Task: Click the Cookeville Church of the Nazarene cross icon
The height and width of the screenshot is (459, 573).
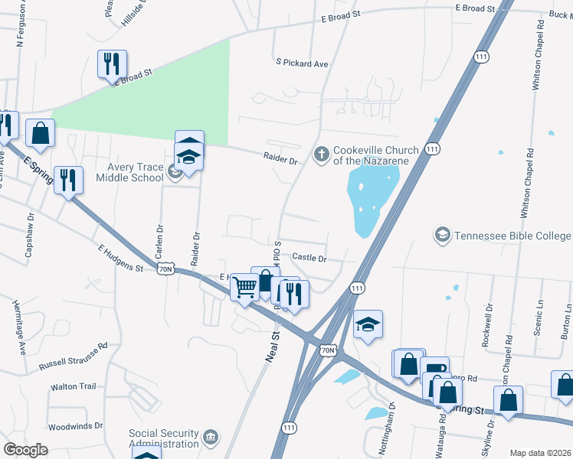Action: [321, 155]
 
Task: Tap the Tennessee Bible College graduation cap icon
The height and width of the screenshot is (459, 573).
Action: [442, 236]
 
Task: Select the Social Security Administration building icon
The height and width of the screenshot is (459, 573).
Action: [211, 438]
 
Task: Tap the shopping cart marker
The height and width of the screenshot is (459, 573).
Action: [245, 288]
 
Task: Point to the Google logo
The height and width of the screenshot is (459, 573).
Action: [25, 450]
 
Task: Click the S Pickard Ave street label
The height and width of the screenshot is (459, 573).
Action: [301, 63]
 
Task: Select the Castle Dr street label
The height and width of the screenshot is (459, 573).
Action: [309, 259]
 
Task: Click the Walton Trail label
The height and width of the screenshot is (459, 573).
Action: [74, 387]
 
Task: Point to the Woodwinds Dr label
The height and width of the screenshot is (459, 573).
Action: [75, 425]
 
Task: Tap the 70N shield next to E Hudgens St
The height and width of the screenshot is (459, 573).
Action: [166, 269]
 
